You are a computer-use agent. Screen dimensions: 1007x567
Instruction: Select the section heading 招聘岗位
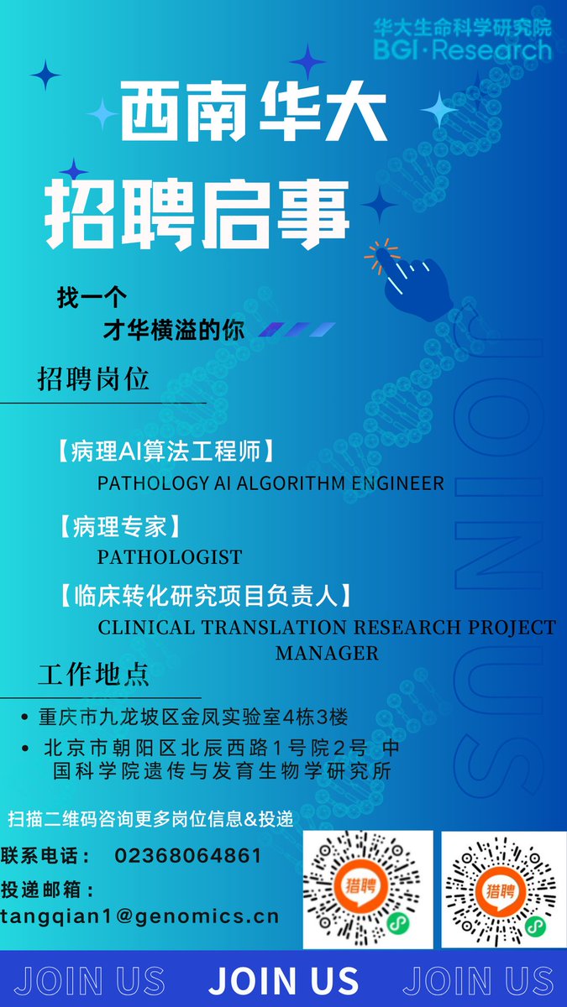93,379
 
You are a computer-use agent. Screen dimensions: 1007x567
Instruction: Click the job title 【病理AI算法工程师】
165,452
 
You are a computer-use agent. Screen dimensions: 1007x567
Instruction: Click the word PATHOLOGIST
170,557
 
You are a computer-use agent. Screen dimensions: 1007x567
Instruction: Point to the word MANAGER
327,652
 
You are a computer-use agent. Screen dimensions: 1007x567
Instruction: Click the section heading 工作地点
94,674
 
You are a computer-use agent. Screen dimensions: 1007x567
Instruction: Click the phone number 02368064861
187,857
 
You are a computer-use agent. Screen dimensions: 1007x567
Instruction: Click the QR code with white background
368,890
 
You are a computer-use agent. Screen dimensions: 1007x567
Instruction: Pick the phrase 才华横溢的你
174,331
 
